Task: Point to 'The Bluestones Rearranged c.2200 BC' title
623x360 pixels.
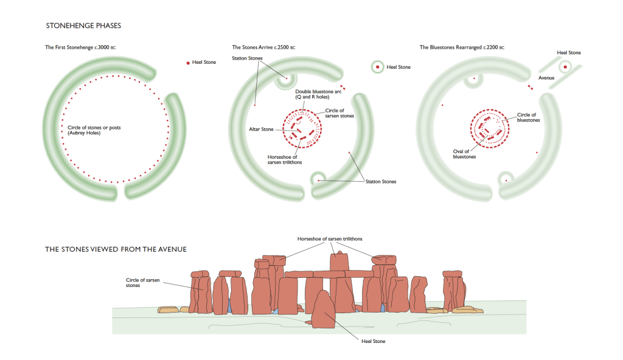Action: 462,47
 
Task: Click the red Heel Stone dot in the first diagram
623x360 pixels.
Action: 189,63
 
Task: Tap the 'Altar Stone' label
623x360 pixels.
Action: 261,130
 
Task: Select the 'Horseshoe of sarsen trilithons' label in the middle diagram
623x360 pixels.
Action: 285,159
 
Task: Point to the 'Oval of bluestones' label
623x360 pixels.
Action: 465,154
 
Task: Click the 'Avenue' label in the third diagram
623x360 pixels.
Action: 546,78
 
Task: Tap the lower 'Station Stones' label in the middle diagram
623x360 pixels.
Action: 380,182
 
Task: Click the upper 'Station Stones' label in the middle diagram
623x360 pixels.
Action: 247,58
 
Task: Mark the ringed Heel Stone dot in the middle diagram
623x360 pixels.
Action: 377,67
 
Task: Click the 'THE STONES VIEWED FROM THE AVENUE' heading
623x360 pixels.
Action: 116,249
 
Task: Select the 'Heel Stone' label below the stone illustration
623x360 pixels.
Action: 372,341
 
